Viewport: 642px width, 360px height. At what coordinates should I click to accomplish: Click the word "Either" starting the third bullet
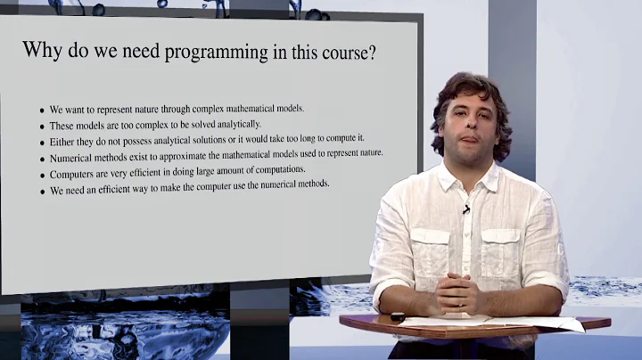coord(62,142)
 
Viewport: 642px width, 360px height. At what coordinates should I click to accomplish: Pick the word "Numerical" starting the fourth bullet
coord(72,157)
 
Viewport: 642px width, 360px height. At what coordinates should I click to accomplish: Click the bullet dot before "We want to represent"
coord(42,111)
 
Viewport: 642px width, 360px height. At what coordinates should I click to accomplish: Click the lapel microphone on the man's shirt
coord(465,209)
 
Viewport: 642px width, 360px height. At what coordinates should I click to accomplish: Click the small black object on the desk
coord(398,316)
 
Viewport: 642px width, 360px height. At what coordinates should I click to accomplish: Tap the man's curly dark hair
coord(473,89)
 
